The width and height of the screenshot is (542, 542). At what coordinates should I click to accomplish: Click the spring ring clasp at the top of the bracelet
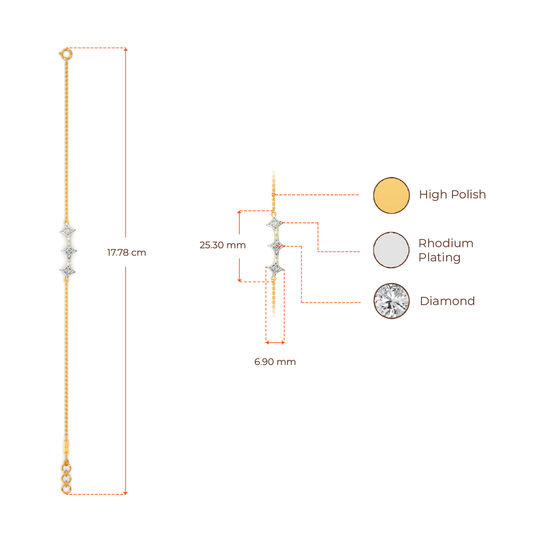(66, 53)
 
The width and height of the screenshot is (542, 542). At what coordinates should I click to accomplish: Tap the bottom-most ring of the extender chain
(66, 489)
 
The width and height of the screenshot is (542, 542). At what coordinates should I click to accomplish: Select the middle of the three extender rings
(66, 478)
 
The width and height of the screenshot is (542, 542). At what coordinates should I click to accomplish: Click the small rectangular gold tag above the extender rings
(66, 446)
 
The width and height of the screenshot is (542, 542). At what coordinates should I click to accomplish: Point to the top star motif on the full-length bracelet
(68, 231)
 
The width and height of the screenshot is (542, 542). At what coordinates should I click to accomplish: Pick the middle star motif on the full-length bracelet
(68, 250)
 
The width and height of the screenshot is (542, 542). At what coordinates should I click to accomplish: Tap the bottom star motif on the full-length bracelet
(68, 270)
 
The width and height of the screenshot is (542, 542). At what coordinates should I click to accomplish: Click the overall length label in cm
(127, 253)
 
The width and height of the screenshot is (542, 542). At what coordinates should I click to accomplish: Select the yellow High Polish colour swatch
(391, 195)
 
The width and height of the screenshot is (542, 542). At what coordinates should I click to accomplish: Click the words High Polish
(452, 195)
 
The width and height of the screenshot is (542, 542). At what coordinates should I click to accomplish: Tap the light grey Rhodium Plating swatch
(391, 249)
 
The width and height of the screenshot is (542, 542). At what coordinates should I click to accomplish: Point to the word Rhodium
(446, 243)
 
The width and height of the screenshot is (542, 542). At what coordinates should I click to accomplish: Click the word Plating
(439, 258)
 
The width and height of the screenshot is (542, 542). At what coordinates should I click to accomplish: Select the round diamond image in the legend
(391, 301)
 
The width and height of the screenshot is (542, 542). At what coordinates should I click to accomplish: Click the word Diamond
(447, 301)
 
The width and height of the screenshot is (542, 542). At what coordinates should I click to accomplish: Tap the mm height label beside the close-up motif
(222, 246)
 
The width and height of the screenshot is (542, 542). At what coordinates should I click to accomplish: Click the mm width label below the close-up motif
(275, 363)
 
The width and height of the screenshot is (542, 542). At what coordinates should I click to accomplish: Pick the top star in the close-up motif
(274, 224)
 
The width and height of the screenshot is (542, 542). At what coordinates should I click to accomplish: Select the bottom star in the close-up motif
(274, 268)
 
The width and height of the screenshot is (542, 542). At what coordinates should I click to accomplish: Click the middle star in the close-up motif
(274, 246)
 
